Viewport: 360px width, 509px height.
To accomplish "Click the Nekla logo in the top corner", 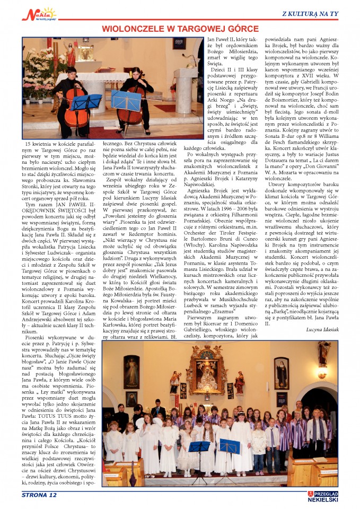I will [38, 14].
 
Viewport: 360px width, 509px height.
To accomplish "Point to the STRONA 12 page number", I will [39, 495].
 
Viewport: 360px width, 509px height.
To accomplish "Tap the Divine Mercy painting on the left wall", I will [131, 372].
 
